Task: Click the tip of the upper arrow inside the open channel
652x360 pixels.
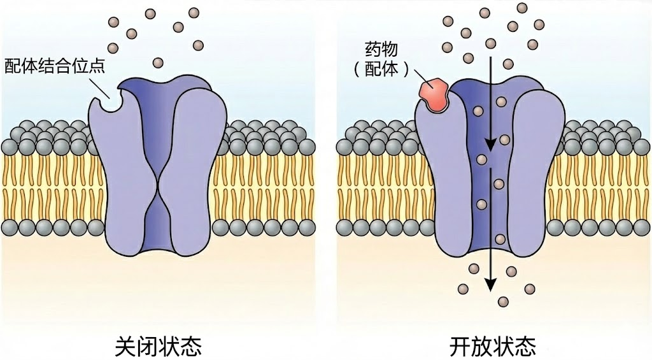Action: click(x=491, y=152)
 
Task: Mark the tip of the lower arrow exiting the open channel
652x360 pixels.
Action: click(x=491, y=291)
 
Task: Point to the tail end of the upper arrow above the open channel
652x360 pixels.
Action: click(x=491, y=57)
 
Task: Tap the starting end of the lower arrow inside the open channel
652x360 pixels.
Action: click(x=491, y=168)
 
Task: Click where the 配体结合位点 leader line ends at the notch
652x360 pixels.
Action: click(x=110, y=98)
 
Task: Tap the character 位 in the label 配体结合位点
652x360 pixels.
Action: click(x=81, y=66)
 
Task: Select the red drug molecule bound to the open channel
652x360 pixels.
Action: click(x=434, y=94)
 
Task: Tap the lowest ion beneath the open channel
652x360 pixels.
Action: click(x=503, y=301)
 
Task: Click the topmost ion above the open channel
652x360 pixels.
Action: click(x=522, y=8)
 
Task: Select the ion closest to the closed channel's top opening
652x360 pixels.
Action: click(x=158, y=63)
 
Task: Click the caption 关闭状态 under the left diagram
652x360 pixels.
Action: click(x=158, y=346)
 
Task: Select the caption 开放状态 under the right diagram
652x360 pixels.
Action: click(x=493, y=346)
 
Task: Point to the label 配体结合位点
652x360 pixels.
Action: click(x=55, y=66)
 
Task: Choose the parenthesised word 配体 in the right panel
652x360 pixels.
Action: click(x=381, y=69)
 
